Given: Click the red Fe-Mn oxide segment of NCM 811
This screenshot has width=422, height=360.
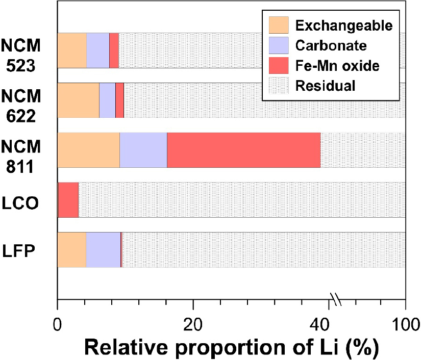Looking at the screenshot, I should pyautogui.click(x=243, y=150).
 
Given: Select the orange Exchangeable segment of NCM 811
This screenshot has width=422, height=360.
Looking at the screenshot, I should pyautogui.click(x=88, y=150).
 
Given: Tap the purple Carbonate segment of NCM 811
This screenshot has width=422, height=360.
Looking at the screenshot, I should pyautogui.click(x=143, y=150).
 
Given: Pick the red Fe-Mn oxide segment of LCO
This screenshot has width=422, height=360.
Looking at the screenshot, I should pyautogui.click(x=68, y=200).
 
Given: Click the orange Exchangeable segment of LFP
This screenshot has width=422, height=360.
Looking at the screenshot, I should pyautogui.click(x=71, y=250).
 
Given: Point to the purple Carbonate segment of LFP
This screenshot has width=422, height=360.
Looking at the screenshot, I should pyautogui.click(x=103, y=250).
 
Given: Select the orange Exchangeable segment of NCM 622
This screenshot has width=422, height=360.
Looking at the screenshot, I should pyautogui.click(x=78, y=100).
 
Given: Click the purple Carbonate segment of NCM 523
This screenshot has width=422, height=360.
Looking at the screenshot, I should pyautogui.click(x=97, y=50).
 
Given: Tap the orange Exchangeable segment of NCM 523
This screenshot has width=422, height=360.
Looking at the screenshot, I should pyautogui.click(x=71, y=50).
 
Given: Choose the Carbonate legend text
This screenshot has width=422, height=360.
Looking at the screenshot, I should pyautogui.click(x=331, y=46).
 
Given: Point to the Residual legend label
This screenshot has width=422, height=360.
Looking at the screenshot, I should pyautogui.click(x=325, y=86).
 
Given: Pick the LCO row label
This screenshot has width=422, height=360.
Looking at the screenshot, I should pyautogui.click(x=24, y=200).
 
